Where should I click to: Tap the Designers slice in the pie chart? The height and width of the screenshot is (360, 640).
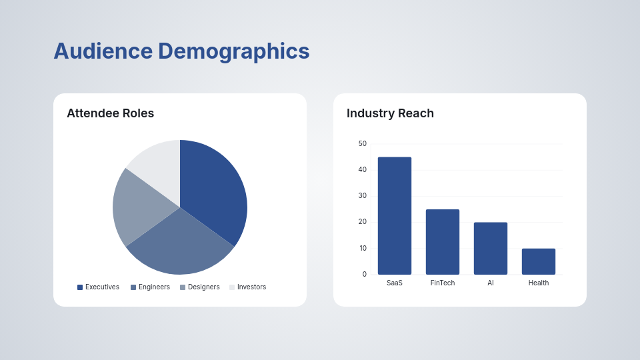tap(137, 207)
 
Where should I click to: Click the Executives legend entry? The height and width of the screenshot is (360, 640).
tap(98, 287)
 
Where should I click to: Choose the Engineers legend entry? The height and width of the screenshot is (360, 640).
tap(150, 287)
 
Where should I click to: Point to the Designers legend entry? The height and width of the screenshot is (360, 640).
tap(199, 287)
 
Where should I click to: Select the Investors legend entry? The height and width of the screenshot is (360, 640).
tap(247, 287)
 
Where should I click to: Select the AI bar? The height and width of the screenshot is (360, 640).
tap(491, 248)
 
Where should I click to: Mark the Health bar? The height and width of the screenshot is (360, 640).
tap(539, 261)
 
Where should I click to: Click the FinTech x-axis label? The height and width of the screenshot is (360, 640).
tap(443, 283)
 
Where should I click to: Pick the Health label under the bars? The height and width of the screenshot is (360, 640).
tap(539, 283)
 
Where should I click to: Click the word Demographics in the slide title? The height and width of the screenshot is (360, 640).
tap(233, 51)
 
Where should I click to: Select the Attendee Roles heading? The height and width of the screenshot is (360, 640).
tap(110, 113)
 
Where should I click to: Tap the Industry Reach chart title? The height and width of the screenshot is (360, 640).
tap(390, 113)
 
